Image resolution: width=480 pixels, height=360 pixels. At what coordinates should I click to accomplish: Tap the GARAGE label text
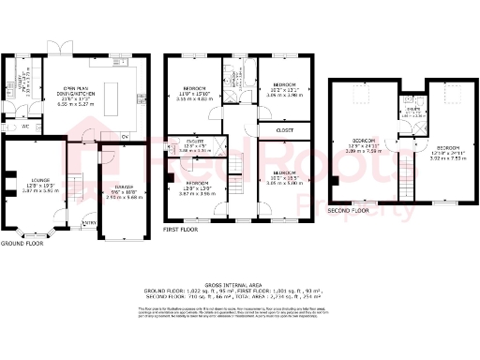pos(123,187)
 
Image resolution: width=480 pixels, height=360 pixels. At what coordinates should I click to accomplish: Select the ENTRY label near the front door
pos(89,222)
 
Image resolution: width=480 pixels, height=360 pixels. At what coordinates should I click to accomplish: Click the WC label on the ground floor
pos(25,126)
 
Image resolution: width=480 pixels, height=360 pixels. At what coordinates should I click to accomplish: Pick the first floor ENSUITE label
pos(196,143)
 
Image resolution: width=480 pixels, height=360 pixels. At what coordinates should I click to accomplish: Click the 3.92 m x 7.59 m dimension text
pos(448,158)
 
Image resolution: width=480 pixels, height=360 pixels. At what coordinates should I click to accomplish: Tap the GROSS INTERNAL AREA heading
pos(239,282)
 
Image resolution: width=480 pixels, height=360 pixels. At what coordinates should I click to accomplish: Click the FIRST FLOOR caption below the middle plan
pos(182,228)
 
